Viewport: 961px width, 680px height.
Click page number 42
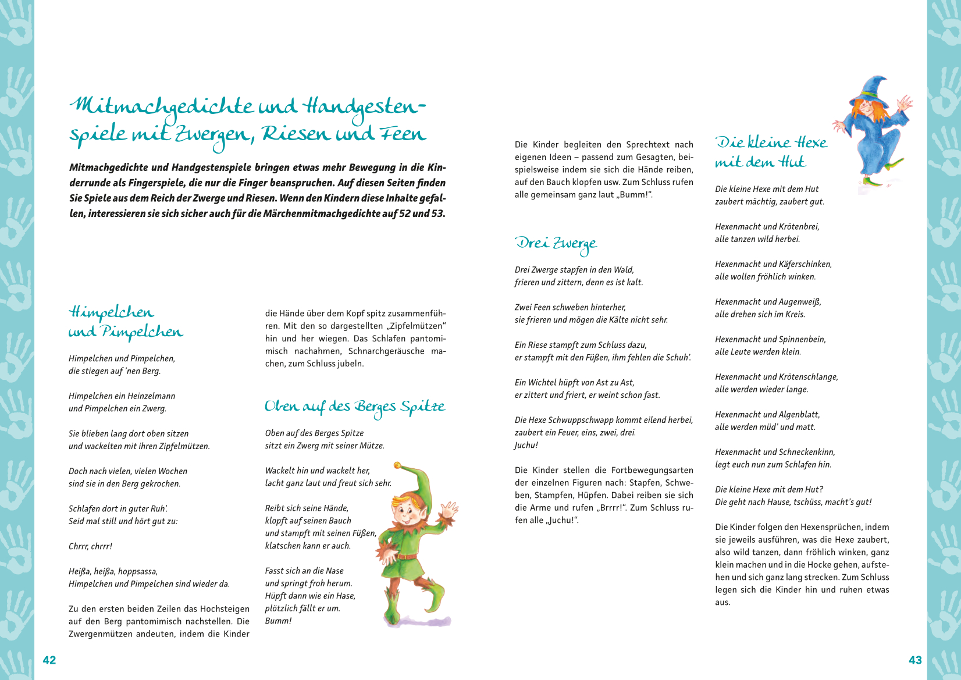click(49, 660)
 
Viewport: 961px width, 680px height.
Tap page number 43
click(915, 660)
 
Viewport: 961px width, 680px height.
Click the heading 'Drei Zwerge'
click(556, 244)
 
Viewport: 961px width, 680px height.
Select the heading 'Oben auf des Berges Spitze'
click(355, 407)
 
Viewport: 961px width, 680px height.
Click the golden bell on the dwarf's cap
click(397, 466)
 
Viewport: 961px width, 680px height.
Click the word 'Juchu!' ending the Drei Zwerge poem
click(526, 446)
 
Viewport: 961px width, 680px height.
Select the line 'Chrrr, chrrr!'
click(90, 547)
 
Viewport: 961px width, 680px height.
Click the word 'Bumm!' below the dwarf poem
click(278, 621)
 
